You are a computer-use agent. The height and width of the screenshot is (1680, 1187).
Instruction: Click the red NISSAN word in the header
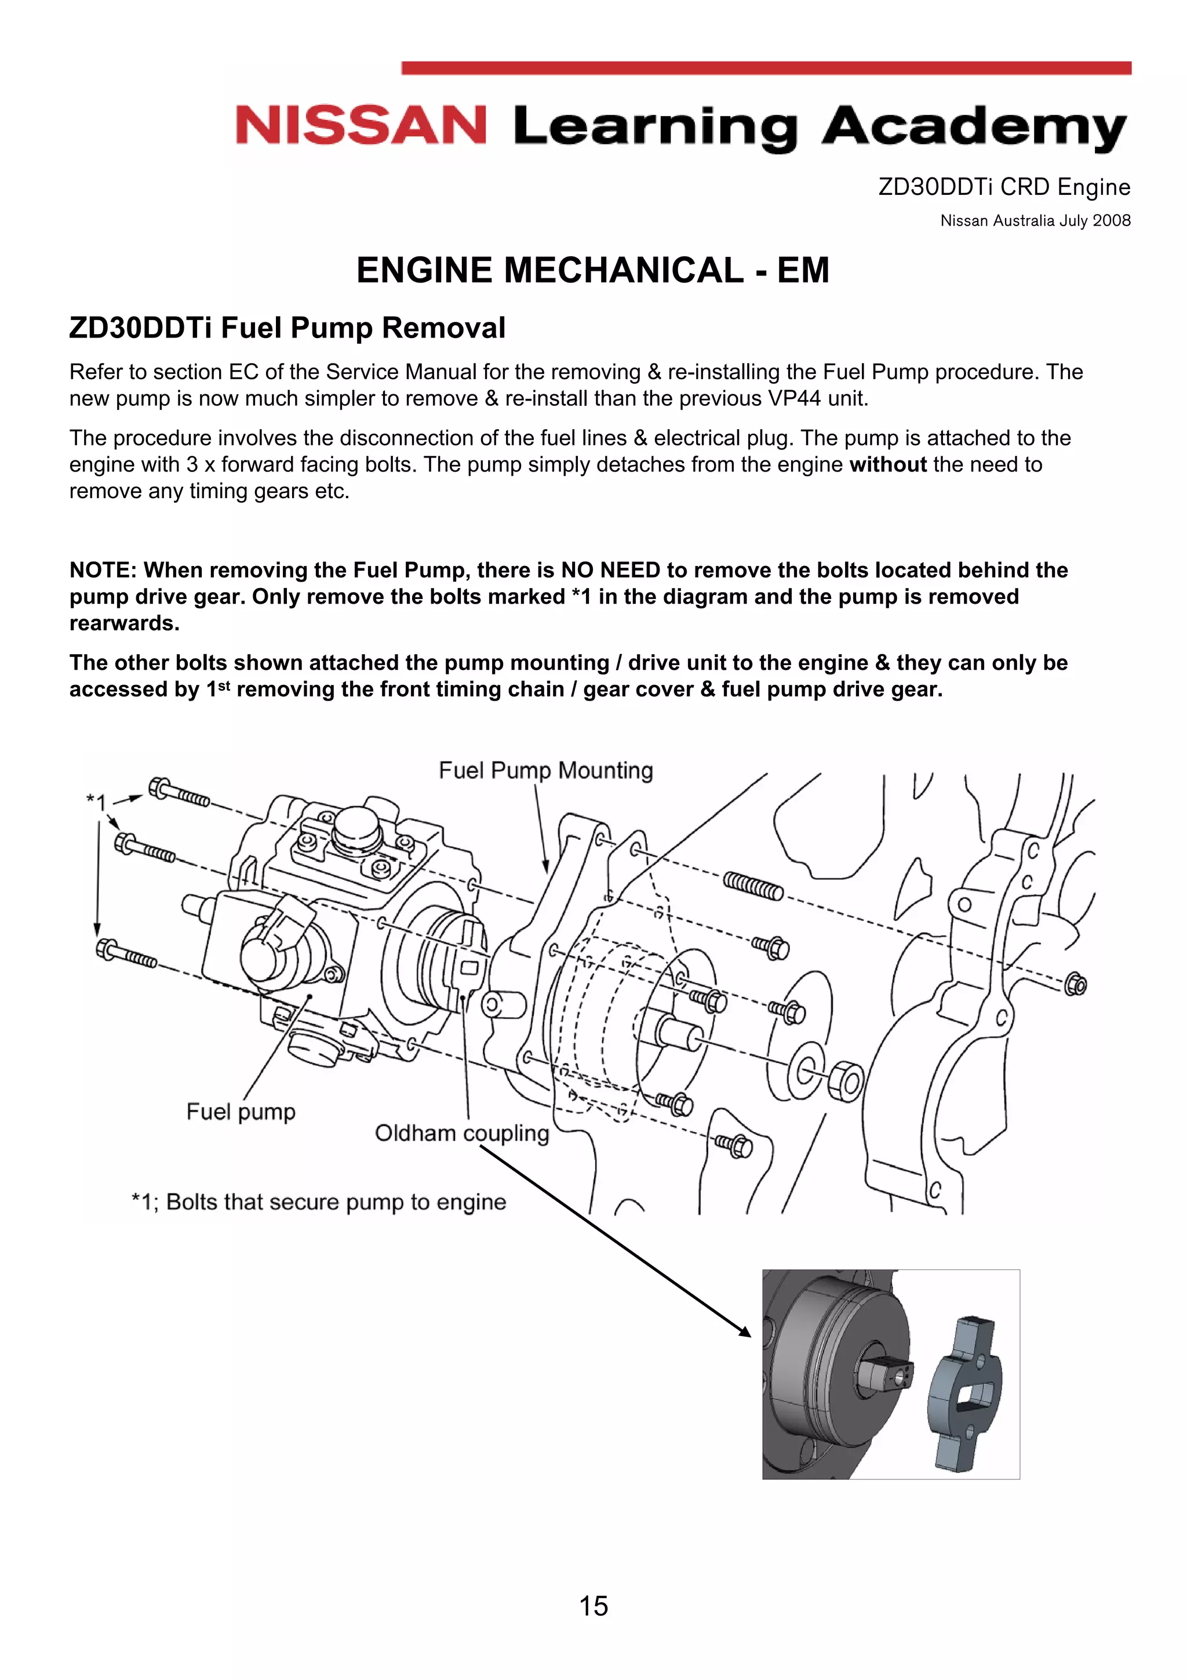(361, 125)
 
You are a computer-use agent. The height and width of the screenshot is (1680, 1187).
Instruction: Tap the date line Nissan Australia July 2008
(1035, 221)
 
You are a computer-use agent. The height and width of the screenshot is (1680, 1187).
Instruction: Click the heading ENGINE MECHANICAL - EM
(592, 270)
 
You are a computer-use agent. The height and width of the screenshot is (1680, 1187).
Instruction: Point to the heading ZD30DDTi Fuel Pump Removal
(287, 328)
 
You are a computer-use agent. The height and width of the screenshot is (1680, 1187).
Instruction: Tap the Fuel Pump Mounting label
(545, 771)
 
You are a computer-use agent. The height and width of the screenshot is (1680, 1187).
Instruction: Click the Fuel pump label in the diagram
(241, 1112)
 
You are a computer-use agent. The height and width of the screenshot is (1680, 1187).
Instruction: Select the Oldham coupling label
(461, 1133)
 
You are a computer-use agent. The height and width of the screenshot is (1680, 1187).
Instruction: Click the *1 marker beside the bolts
(96, 802)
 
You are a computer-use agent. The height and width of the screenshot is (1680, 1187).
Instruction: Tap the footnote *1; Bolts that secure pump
(319, 1202)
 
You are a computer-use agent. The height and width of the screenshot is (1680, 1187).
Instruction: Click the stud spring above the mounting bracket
(753, 886)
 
